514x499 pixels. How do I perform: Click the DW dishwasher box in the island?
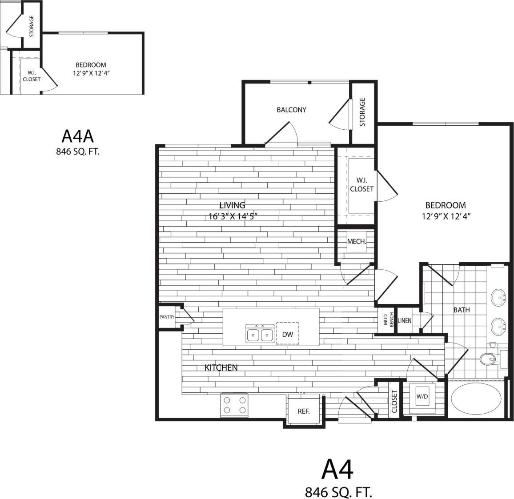pyautogui.click(x=287, y=334)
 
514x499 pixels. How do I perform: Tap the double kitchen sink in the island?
pyautogui.click(x=259, y=334)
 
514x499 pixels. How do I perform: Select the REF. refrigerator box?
pyautogui.click(x=303, y=411)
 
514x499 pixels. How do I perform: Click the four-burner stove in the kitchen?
pyautogui.click(x=234, y=405)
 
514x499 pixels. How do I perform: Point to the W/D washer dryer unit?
pyautogui.click(x=422, y=397)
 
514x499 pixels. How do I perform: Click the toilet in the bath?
pyautogui.click(x=490, y=358)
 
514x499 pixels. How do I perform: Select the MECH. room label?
pyautogui.click(x=356, y=241)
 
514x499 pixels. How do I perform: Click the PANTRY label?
pyautogui.click(x=167, y=317)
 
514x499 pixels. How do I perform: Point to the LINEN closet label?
pyautogui.click(x=405, y=320)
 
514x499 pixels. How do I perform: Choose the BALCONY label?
pyautogui.click(x=291, y=110)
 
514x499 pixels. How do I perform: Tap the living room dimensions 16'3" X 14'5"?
pyautogui.click(x=233, y=217)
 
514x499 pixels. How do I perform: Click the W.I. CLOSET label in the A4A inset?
pyautogui.click(x=31, y=76)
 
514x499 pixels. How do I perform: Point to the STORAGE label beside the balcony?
pyautogui.click(x=362, y=112)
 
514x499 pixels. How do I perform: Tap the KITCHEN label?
pyautogui.click(x=221, y=367)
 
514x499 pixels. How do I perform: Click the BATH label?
pyautogui.click(x=462, y=310)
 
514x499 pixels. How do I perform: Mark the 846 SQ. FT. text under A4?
pyautogui.click(x=338, y=491)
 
